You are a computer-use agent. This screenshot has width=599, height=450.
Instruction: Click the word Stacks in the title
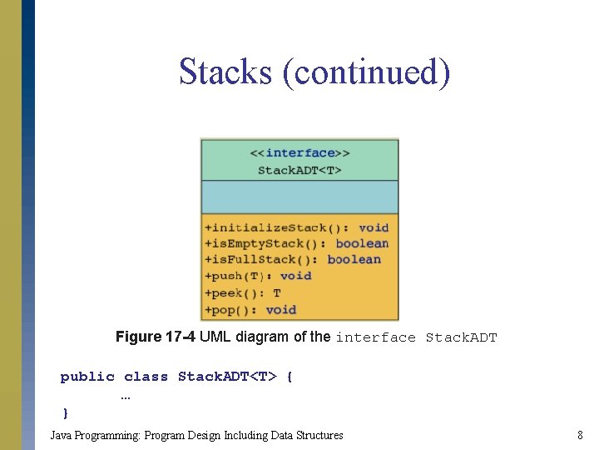(225, 72)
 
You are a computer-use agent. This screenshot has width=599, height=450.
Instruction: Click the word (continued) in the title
(367, 72)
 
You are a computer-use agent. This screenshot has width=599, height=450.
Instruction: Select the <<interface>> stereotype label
(299, 152)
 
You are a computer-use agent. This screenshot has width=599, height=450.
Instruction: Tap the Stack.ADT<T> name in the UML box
(299, 170)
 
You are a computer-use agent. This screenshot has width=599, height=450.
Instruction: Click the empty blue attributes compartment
(299, 197)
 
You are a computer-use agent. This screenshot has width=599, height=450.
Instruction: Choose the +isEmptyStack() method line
(266, 243)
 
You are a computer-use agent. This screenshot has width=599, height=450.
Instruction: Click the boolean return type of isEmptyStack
(362, 243)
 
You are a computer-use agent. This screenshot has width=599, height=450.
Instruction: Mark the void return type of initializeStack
(374, 227)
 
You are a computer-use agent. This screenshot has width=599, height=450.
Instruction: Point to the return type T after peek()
(276, 292)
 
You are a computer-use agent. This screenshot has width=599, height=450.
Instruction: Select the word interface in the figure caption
(375, 337)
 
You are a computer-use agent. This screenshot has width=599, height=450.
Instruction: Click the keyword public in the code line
(87, 377)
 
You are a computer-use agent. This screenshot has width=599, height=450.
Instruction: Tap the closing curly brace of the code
(66, 412)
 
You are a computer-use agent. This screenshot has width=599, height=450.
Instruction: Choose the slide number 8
(579, 435)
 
